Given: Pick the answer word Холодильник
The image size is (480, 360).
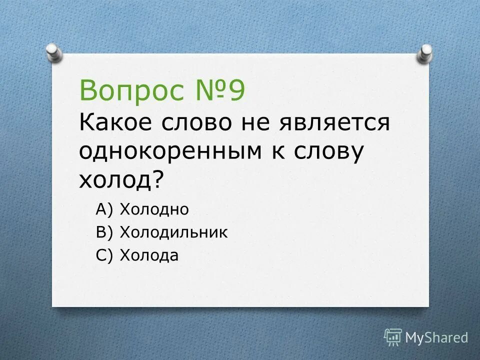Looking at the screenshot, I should point(174,232).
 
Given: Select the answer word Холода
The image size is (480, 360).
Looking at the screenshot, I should point(149,255).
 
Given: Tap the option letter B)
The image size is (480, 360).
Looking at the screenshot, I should point(105,233).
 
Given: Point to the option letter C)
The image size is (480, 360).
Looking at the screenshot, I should point(105,256).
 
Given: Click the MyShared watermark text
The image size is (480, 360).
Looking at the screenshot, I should point(436,337).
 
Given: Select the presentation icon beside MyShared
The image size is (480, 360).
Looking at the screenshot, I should point(393,336).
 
